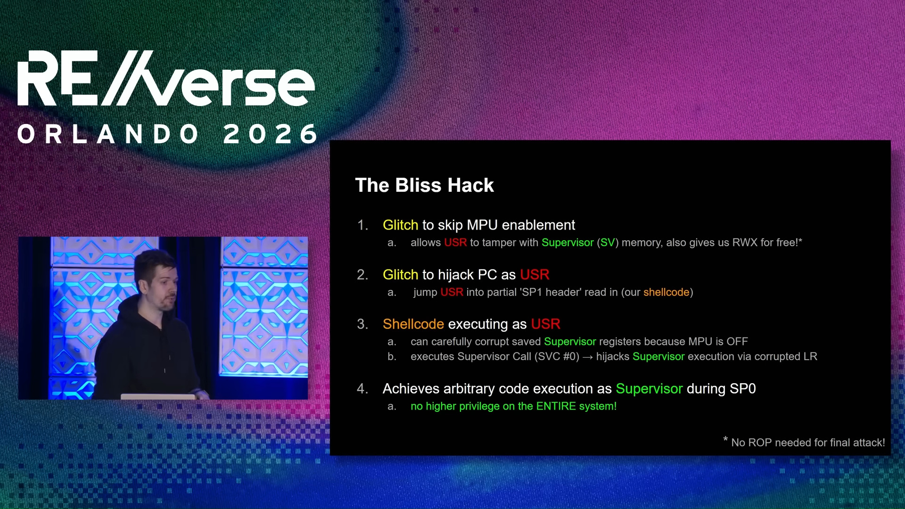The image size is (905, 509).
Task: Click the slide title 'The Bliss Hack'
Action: pos(424,185)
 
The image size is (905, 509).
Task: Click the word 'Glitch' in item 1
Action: pos(400,225)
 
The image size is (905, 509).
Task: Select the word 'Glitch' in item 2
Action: pos(400,275)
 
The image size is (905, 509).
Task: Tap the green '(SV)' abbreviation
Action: pos(608,243)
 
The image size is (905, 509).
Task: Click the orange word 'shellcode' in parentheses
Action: pos(666,292)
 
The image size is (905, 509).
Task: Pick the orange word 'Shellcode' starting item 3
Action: pos(413,324)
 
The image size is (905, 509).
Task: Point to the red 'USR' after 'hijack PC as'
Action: pos(535,275)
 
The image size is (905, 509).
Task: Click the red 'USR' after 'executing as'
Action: pos(545,324)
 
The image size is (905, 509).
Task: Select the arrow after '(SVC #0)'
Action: pos(587,357)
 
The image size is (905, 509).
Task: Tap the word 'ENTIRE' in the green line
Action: pos(556,406)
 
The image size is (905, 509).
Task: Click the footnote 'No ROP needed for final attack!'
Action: pos(807,443)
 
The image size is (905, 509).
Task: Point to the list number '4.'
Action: pos(362,389)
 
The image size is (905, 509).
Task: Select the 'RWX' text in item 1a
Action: pos(744,243)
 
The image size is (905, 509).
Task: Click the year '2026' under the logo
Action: pos(271,134)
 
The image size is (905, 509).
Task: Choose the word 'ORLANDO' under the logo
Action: pos(108,134)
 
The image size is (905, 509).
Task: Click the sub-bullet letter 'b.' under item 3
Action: pos(392,357)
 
